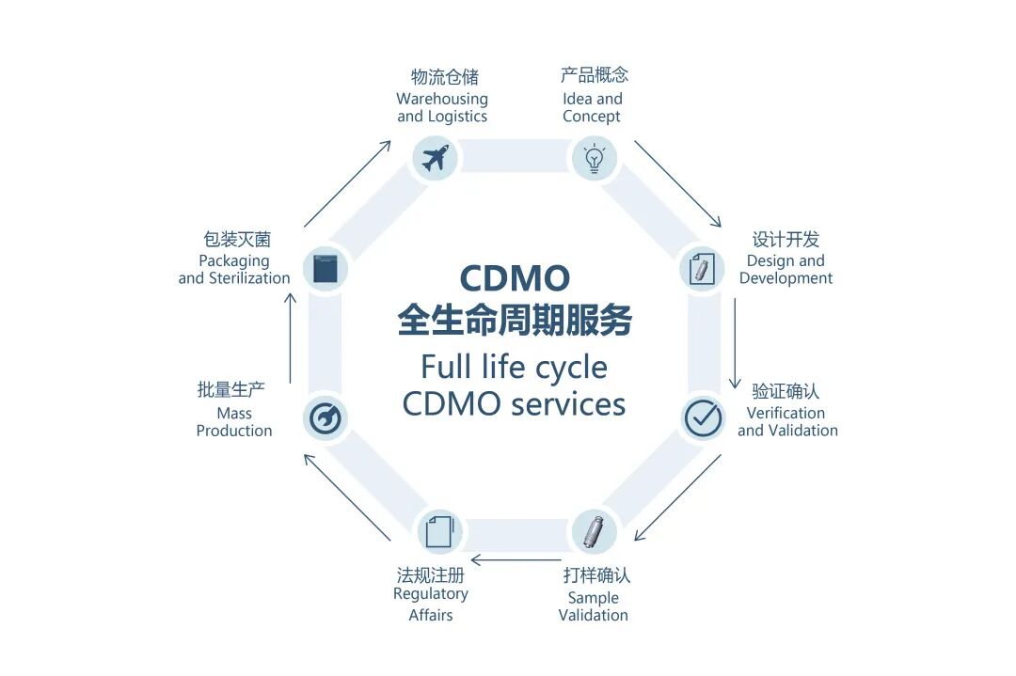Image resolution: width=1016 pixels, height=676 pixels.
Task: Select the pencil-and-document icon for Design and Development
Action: coord(702,269)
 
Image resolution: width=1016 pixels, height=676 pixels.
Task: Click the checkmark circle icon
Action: coord(703,417)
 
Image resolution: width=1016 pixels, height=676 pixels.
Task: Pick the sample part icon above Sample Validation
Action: coord(594,532)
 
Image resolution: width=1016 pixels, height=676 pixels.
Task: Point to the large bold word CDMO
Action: coord(514,278)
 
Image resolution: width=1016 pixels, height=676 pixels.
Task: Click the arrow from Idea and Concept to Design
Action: coord(677,183)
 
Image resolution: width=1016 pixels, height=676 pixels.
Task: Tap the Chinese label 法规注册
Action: coord(430,574)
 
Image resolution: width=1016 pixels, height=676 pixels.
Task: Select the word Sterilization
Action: coord(248,278)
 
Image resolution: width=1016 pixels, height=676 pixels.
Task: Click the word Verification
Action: coord(786,413)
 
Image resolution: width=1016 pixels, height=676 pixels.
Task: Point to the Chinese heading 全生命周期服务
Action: coord(514,321)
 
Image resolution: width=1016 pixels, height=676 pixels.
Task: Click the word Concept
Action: coord(592,117)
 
